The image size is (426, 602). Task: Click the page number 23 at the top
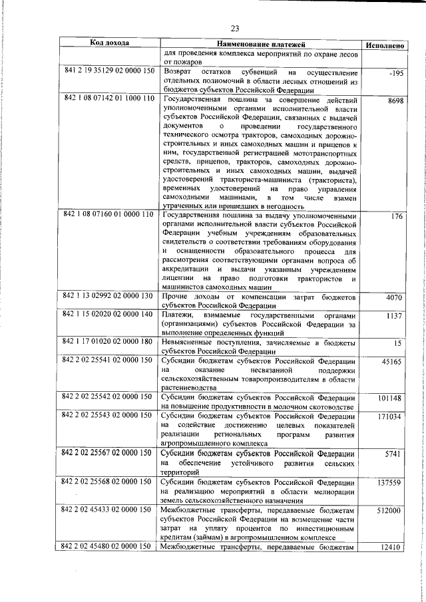point(234,28)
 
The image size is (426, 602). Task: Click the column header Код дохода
point(109,43)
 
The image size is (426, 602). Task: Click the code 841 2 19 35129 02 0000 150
point(109,71)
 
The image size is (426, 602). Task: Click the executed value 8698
point(395,100)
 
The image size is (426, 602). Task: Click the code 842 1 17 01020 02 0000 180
point(109,341)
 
